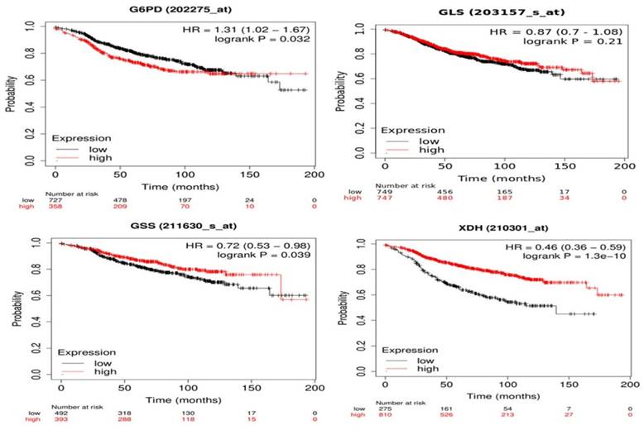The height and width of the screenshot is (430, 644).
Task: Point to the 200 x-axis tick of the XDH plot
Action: coord(628,385)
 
